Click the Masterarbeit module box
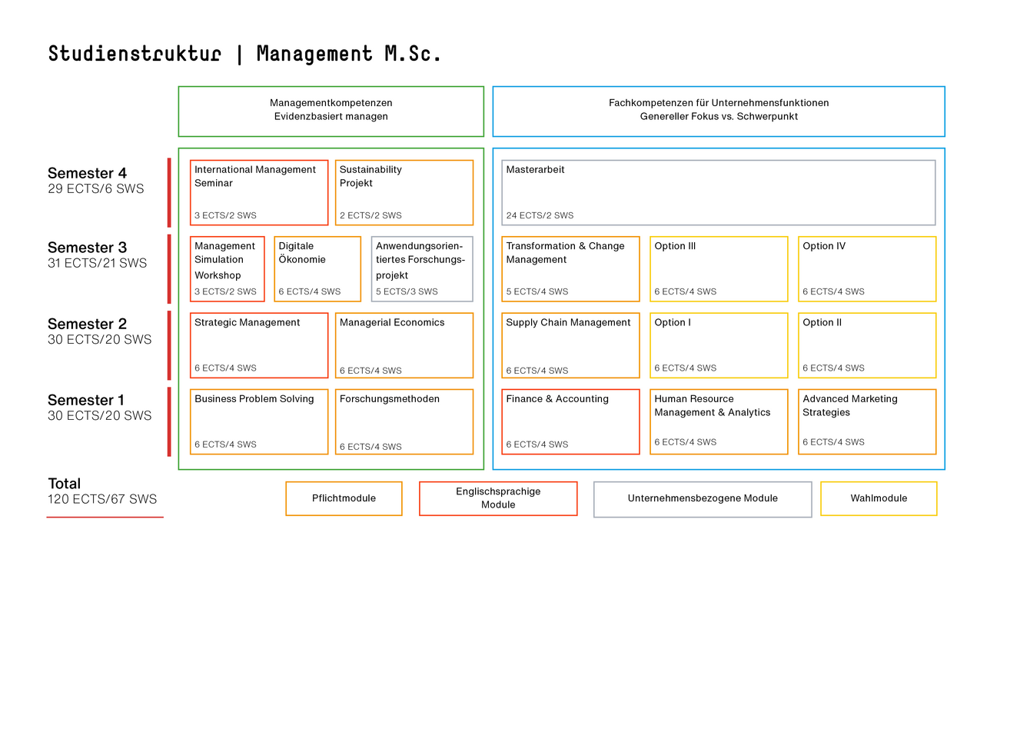tap(718, 192)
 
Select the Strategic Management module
tap(259, 345)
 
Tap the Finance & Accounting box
tap(570, 421)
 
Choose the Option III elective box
tap(719, 268)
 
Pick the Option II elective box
tap(867, 345)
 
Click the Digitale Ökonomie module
tap(317, 268)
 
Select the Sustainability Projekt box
tap(404, 192)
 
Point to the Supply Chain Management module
tap(570, 345)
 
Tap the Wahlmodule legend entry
tap(879, 498)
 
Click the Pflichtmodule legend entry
tap(344, 498)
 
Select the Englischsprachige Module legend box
tap(498, 498)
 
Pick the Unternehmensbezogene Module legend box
tap(703, 499)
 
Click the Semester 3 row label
tap(87, 248)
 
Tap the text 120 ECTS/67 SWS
tap(102, 499)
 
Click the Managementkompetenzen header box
tap(331, 111)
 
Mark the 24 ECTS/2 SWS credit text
tap(540, 215)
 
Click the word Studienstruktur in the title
tap(135, 54)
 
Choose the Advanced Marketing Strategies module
tap(867, 421)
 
